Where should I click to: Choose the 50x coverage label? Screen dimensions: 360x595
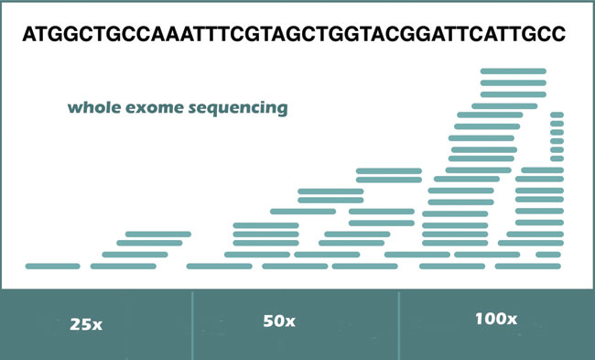[x=279, y=321]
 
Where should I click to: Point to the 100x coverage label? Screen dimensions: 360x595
[x=496, y=320]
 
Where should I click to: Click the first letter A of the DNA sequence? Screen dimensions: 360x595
[x=29, y=35]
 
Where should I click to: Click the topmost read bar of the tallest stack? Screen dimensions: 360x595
[x=514, y=71]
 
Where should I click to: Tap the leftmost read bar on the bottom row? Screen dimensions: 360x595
[x=53, y=267]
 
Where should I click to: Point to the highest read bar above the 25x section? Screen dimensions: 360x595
[x=158, y=235]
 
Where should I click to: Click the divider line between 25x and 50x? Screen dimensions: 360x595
[x=194, y=325]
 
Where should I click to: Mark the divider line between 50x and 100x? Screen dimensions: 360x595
[x=399, y=325]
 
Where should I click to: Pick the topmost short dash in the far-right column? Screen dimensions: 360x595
[x=557, y=115]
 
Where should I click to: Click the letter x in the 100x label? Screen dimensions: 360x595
[x=511, y=321]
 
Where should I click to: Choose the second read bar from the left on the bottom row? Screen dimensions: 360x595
[x=124, y=267]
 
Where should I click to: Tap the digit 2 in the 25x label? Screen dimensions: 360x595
[x=74, y=324]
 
